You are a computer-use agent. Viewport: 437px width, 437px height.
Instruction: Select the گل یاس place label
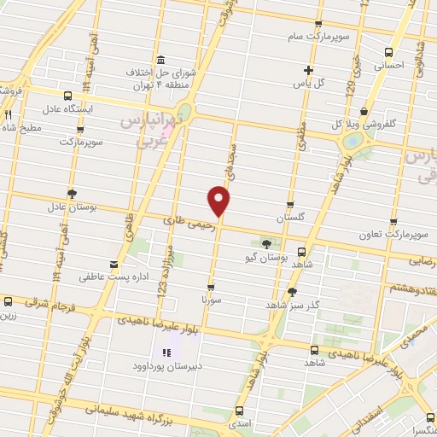click(310, 84)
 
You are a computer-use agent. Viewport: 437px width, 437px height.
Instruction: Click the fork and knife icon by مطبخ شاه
click(8, 114)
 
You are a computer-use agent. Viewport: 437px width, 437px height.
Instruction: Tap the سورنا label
click(211, 301)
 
